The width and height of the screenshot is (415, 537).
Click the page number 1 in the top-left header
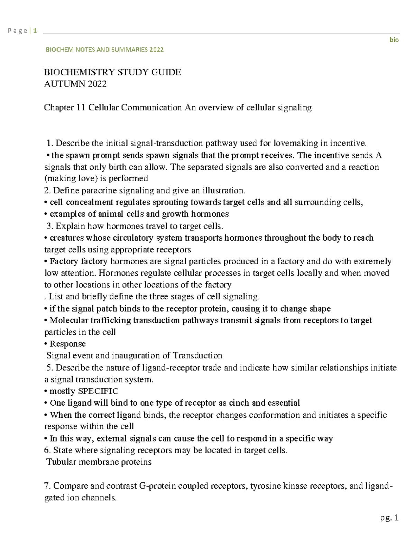(x=35, y=31)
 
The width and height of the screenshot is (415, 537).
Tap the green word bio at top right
(x=394, y=40)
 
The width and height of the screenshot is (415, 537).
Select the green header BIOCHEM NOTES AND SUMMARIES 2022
(x=104, y=49)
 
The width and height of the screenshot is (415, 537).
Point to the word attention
(x=78, y=273)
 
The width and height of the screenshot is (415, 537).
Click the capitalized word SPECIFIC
(x=98, y=391)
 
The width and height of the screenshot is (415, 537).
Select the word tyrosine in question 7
(x=265, y=486)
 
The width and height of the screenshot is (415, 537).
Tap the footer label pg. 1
(x=389, y=518)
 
